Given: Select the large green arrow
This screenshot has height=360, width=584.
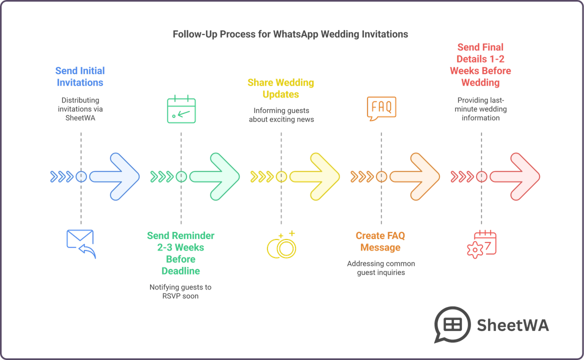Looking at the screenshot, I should coord(216,176).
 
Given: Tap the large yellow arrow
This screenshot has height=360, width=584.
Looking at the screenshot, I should coord(316,176).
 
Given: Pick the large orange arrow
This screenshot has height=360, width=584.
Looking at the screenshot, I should coord(416,176).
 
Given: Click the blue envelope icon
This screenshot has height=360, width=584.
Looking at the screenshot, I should coord(80,242).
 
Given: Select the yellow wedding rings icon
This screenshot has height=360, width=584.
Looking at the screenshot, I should coord(281,244).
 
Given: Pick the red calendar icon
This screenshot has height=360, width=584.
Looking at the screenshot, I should coord(481,243).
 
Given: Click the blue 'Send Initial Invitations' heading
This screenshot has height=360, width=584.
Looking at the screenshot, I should coord(80,75).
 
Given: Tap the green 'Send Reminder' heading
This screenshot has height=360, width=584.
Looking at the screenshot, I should coord(180,253).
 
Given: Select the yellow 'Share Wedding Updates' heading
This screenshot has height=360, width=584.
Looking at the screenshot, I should coord(280,88).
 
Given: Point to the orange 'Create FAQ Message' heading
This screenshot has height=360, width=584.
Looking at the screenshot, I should coord(380,241).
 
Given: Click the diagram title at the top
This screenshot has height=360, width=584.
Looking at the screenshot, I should coord(291,35).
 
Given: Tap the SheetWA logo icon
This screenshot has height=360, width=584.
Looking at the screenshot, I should coord(451,324).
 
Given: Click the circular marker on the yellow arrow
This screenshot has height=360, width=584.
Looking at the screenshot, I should coord(281,176).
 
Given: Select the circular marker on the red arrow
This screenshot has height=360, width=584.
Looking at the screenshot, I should coord(481,176).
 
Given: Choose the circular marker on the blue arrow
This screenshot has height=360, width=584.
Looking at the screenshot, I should coord(81,176).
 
